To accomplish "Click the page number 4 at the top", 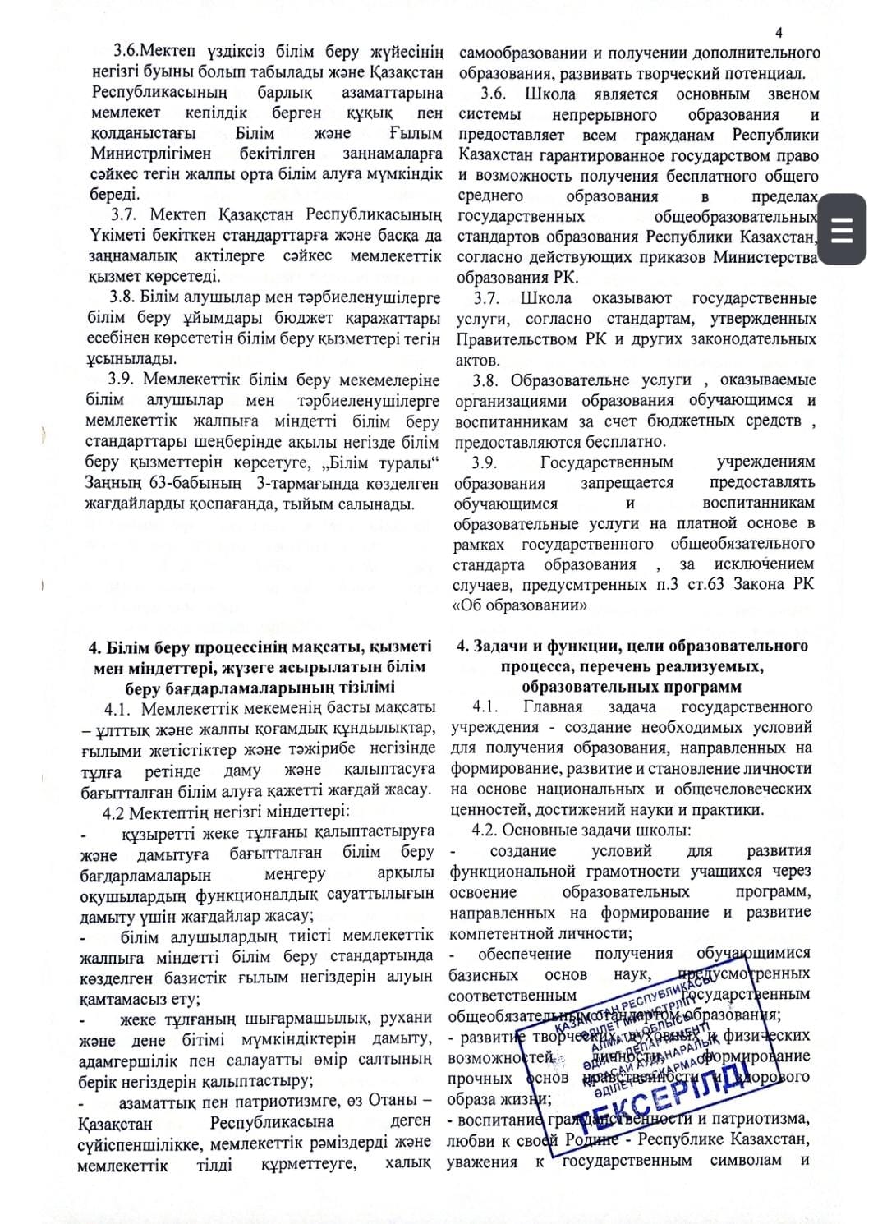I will point(779,33).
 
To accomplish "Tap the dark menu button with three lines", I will point(842,229).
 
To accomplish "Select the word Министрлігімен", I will point(150,154).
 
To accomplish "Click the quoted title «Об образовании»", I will point(519,605).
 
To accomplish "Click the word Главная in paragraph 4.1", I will point(553,706).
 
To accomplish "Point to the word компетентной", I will point(499,933).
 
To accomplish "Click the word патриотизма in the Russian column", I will point(769,1119).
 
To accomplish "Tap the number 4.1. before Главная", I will point(485,706).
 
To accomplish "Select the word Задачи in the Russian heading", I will point(499,646).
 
